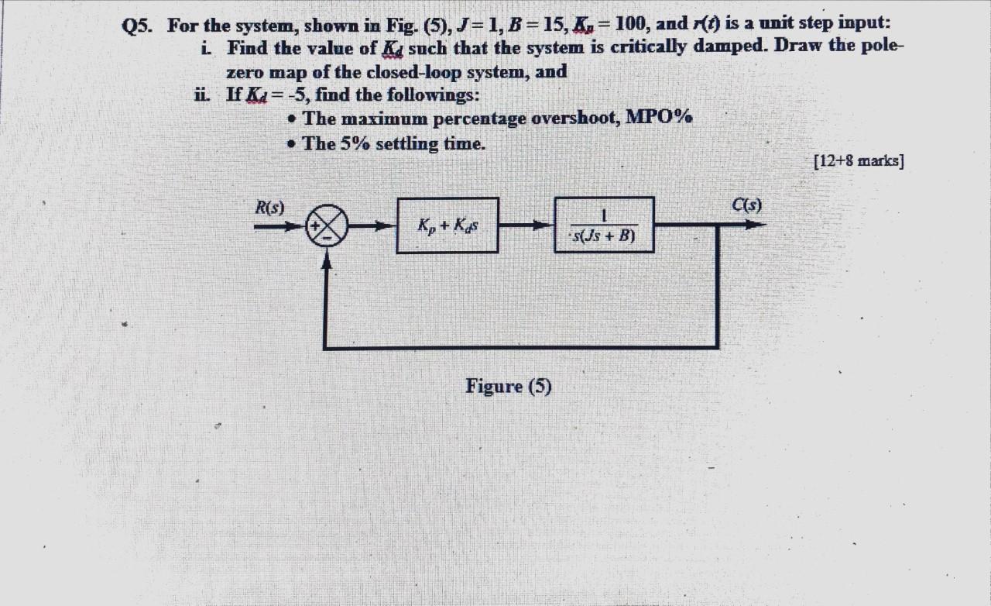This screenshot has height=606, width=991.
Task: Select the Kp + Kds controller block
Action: tap(447, 226)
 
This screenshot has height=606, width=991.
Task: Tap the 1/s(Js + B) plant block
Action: tap(605, 225)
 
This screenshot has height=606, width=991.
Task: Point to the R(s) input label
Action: tap(270, 207)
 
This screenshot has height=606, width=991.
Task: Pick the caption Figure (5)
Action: tap(509, 386)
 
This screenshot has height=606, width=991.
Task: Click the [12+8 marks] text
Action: tap(859, 161)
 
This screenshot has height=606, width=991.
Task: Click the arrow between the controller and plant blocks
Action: tap(526, 226)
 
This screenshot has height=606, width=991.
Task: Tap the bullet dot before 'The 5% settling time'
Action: tap(291, 144)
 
